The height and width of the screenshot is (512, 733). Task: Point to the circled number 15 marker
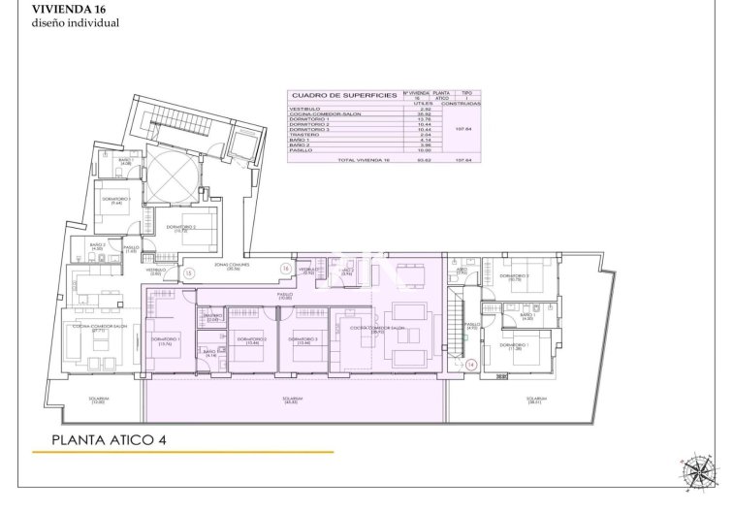(189, 273)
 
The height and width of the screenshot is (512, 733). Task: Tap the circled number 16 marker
(285, 268)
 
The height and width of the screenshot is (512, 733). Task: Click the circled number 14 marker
(470, 365)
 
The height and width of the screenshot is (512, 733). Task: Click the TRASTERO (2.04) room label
(211, 317)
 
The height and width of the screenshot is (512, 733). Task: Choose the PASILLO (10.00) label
(284, 296)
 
